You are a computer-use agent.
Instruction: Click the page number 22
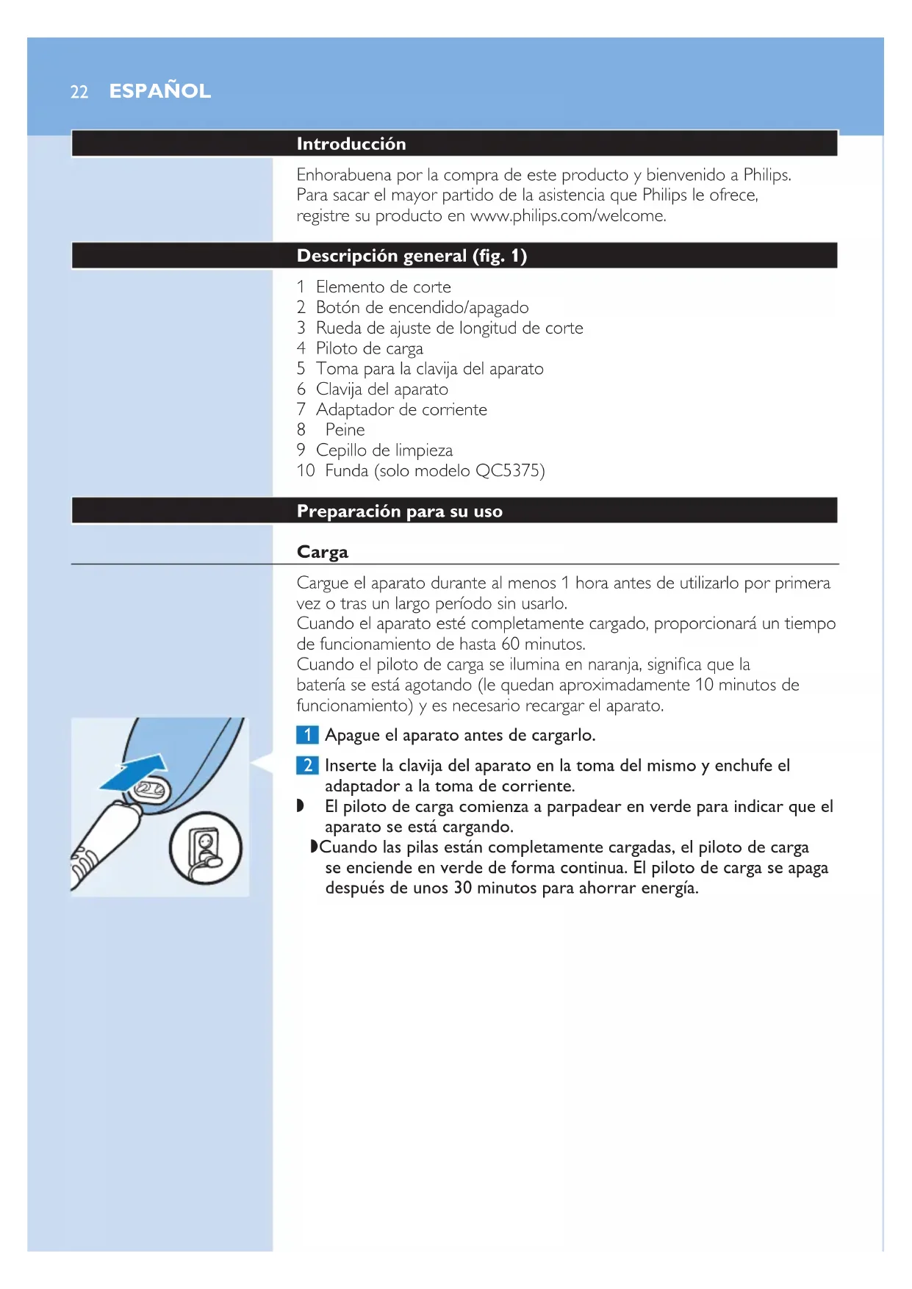[79, 92]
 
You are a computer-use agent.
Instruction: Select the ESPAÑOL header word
[160, 91]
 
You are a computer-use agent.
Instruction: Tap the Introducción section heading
[351, 144]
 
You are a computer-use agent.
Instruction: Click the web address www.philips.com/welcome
[567, 216]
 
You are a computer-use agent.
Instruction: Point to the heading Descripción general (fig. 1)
[412, 256]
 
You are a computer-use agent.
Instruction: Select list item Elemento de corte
[383, 287]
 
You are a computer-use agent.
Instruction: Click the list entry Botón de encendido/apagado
[422, 308]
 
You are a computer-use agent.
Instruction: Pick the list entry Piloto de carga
[369, 349]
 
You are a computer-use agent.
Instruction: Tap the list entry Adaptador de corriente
[401, 410]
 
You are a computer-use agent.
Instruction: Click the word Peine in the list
[345, 430]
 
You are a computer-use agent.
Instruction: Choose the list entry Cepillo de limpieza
[384, 450]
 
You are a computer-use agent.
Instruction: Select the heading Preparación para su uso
[399, 511]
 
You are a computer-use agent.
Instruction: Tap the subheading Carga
[322, 552]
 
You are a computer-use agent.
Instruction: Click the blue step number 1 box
[307, 735]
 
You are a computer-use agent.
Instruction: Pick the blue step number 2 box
[307, 766]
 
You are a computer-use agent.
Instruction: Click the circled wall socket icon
[206, 849]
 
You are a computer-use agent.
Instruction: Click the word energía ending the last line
[669, 888]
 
